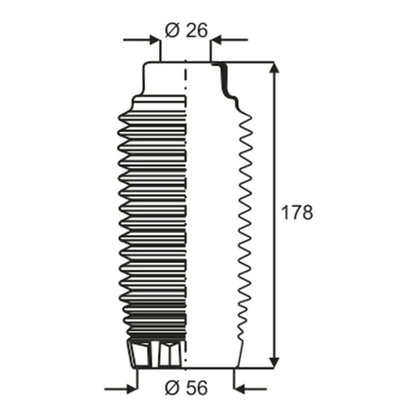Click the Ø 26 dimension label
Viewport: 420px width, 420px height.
tap(186, 30)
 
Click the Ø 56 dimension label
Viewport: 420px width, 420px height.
tap(186, 387)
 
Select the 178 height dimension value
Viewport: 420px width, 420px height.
tap(297, 213)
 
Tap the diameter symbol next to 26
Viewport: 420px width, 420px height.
tap(172, 30)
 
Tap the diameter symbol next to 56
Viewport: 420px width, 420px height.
tap(172, 387)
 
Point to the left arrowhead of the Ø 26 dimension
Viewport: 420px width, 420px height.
tap(155, 40)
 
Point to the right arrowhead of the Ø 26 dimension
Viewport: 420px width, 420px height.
tap(216, 40)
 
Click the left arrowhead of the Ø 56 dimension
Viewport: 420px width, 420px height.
tap(132, 389)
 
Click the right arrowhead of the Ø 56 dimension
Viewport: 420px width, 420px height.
tap(239, 389)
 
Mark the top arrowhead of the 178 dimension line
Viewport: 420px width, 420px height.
tap(274, 67)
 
